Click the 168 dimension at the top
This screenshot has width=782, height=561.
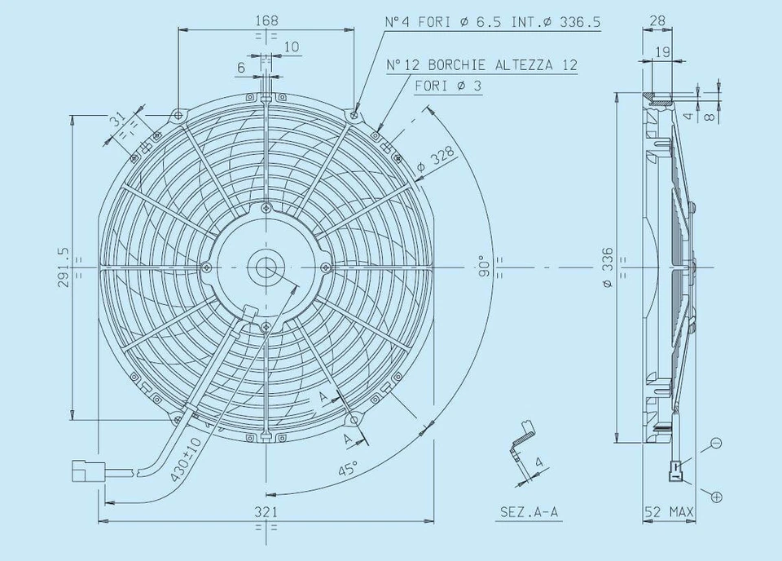pyautogui.click(x=266, y=20)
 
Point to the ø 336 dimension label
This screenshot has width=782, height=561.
pyautogui.click(x=608, y=267)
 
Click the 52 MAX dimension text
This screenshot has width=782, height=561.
pyautogui.click(x=669, y=512)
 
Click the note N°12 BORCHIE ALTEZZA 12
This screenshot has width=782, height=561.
pyautogui.click(x=481, y=64)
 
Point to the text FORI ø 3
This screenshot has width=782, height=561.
pyautogui.click(x=447, y=85)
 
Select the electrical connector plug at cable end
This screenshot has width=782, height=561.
pyautogui.click(x=85, y=470)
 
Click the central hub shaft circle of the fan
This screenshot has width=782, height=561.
pyautogui.click(x=266, y=267)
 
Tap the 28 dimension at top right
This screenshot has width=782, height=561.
pyautogui.click(x=657, y=20)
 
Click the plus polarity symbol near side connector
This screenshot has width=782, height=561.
pyautogui.click(x=716, y=496)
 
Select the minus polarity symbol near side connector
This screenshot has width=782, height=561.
pyautogui.click(x=716, y=443)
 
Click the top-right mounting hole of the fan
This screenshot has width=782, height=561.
pyautogui.click(x=354, y=115)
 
